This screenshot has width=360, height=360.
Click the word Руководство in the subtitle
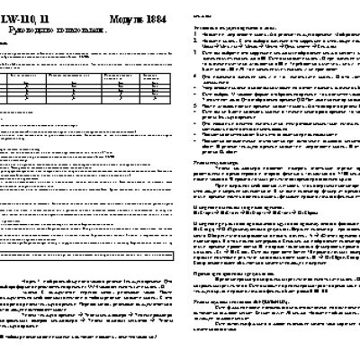click(x=37, y=32)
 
